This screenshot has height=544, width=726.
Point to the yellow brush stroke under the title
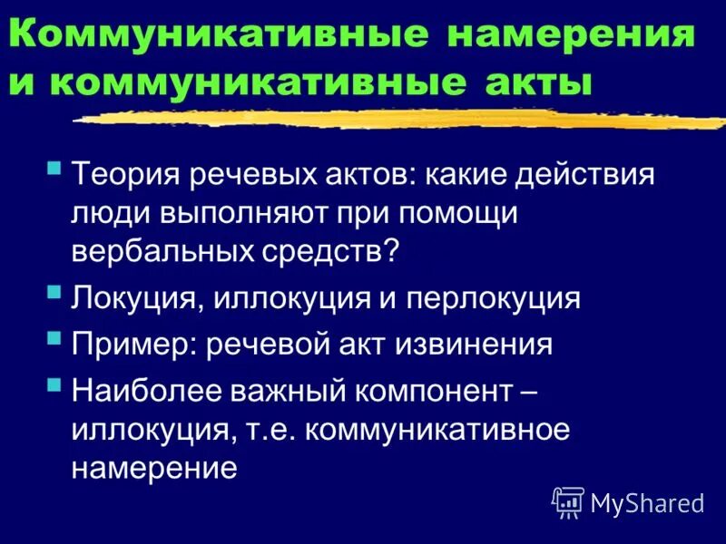399,118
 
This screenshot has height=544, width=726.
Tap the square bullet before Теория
55,168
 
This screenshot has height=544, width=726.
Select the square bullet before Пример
55,339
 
